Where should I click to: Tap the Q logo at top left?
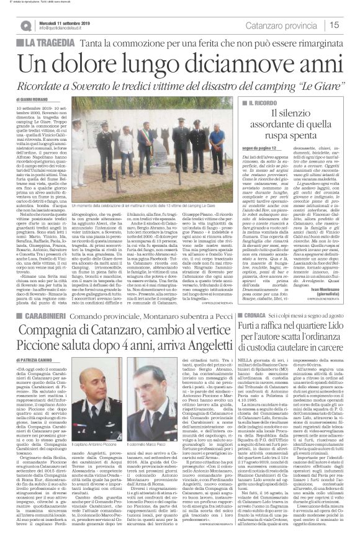pyautogui.click(x=25, y=25)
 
